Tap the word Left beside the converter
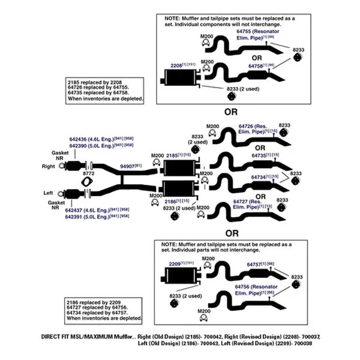pos(49,193)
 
